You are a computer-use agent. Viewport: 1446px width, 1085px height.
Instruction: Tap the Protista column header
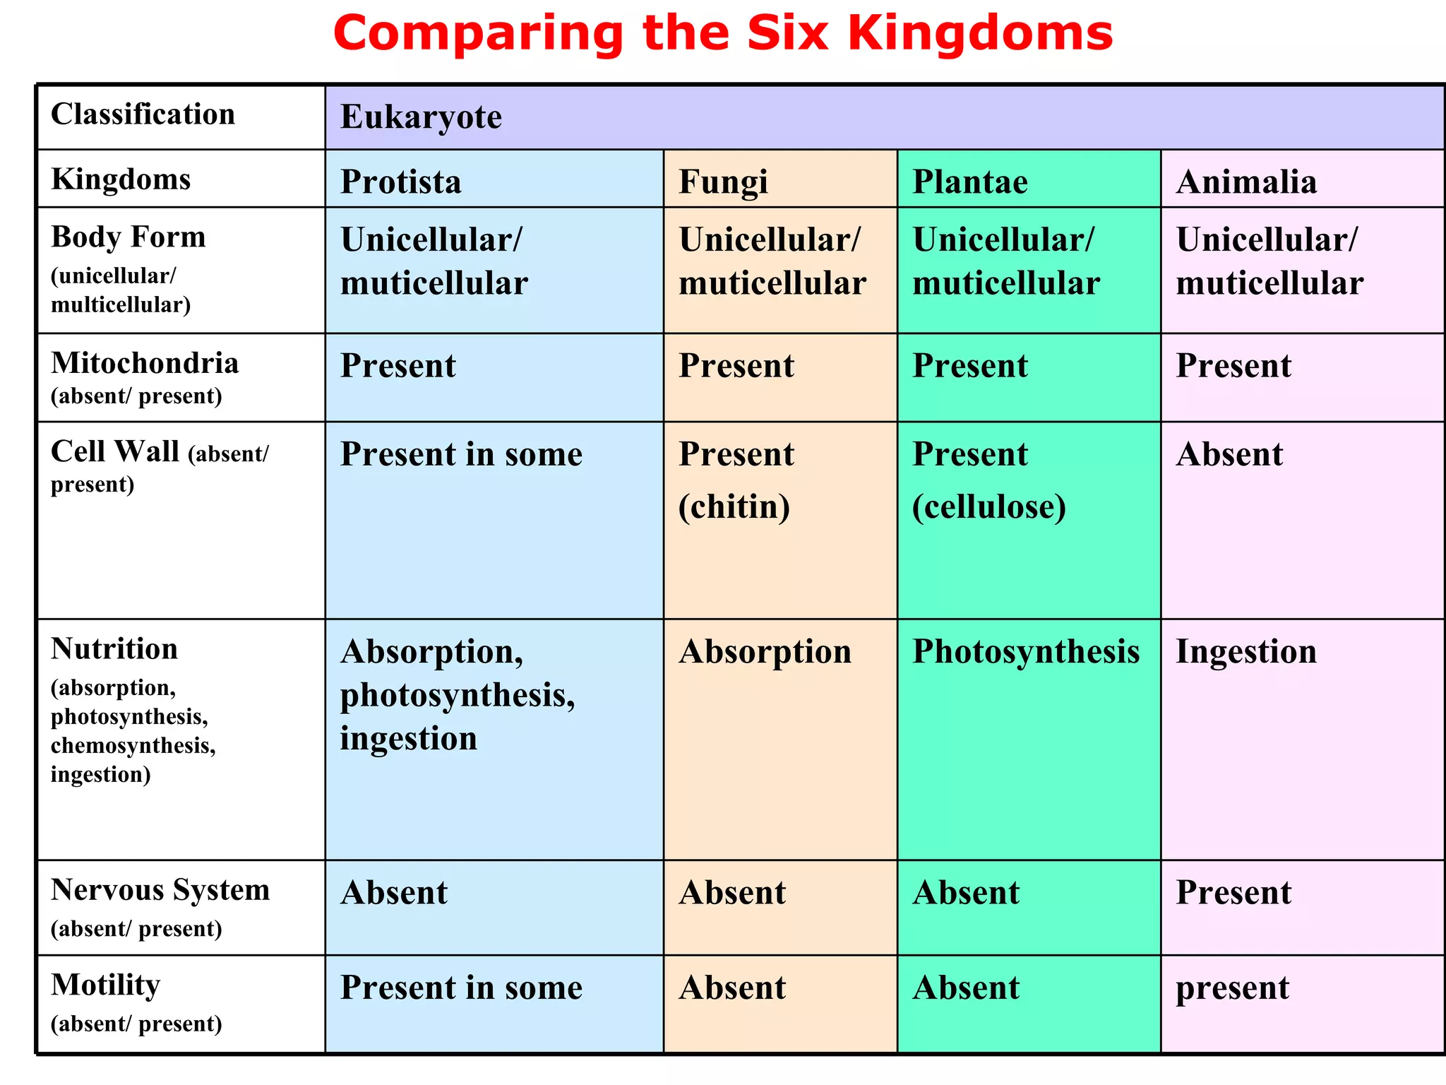click(x=401, y=182)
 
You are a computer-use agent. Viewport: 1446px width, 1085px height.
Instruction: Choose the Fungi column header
click(x=723, y=182)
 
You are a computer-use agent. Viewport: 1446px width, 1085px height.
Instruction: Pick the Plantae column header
click(x=970, y=182)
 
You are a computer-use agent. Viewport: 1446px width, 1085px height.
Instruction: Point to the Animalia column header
click(x=1246, y=182)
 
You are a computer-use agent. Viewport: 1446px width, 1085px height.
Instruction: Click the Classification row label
click(x=143, y=114)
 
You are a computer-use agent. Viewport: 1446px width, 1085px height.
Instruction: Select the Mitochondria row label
click(x=145, y=363)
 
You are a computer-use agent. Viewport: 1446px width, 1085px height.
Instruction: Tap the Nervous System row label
click(x=160, y=890)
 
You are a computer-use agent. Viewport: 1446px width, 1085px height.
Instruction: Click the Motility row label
click(x=106, y=985)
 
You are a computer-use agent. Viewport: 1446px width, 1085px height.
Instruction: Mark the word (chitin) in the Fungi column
click(x=734, y=506)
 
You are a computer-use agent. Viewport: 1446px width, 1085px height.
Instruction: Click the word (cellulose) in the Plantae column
click(x=989, y=506)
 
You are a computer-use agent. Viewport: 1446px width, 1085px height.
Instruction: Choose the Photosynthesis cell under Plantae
click(x=1026, y=651)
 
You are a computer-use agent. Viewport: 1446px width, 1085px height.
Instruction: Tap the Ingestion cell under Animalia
click(x=1246, y=651)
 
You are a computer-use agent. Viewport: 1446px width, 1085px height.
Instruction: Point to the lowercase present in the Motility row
click(x=1232, y=988)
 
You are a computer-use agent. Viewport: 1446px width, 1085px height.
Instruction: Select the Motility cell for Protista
click(x=461, y=988)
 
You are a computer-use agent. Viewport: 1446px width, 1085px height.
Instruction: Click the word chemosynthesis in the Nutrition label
click(x=132, y=746)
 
